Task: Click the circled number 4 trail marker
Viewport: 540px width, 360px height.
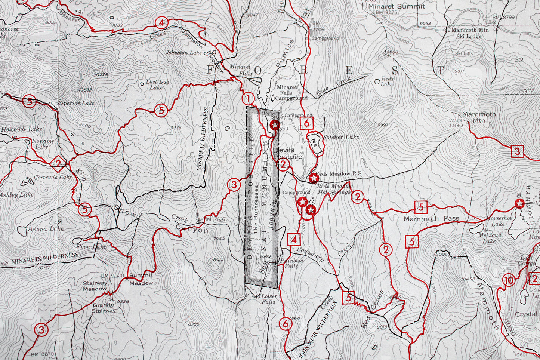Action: (161, 23)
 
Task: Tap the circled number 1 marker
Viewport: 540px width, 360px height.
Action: (248, 99)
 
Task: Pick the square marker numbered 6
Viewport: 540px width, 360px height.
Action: (307, 123)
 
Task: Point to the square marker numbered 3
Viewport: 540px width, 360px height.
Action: (517, 151)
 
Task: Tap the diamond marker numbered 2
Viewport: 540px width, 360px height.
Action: (58, 163)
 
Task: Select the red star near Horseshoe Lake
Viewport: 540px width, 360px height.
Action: (519, 203)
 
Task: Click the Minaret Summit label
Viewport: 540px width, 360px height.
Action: (396, 6)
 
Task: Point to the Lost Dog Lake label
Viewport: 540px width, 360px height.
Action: (157, 84)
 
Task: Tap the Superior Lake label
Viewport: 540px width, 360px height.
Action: (76, 103)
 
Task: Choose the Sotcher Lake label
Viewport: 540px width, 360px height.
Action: (341, 137)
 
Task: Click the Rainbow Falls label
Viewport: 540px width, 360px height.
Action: (291, 264)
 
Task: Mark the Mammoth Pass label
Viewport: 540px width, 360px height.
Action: (431, 219)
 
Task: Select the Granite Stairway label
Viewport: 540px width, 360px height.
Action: (104, 308)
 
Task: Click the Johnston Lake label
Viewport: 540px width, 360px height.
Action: (184, 53)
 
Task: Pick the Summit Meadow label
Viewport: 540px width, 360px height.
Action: (141, 279)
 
